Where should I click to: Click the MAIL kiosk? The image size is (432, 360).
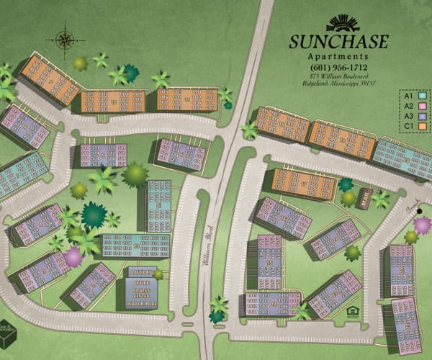pyautogui.click(x=364, y=198)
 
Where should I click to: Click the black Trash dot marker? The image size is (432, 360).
pyautogui.click(x=420, y=211)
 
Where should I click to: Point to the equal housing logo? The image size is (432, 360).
pyautogui.click(x=351, y=311)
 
